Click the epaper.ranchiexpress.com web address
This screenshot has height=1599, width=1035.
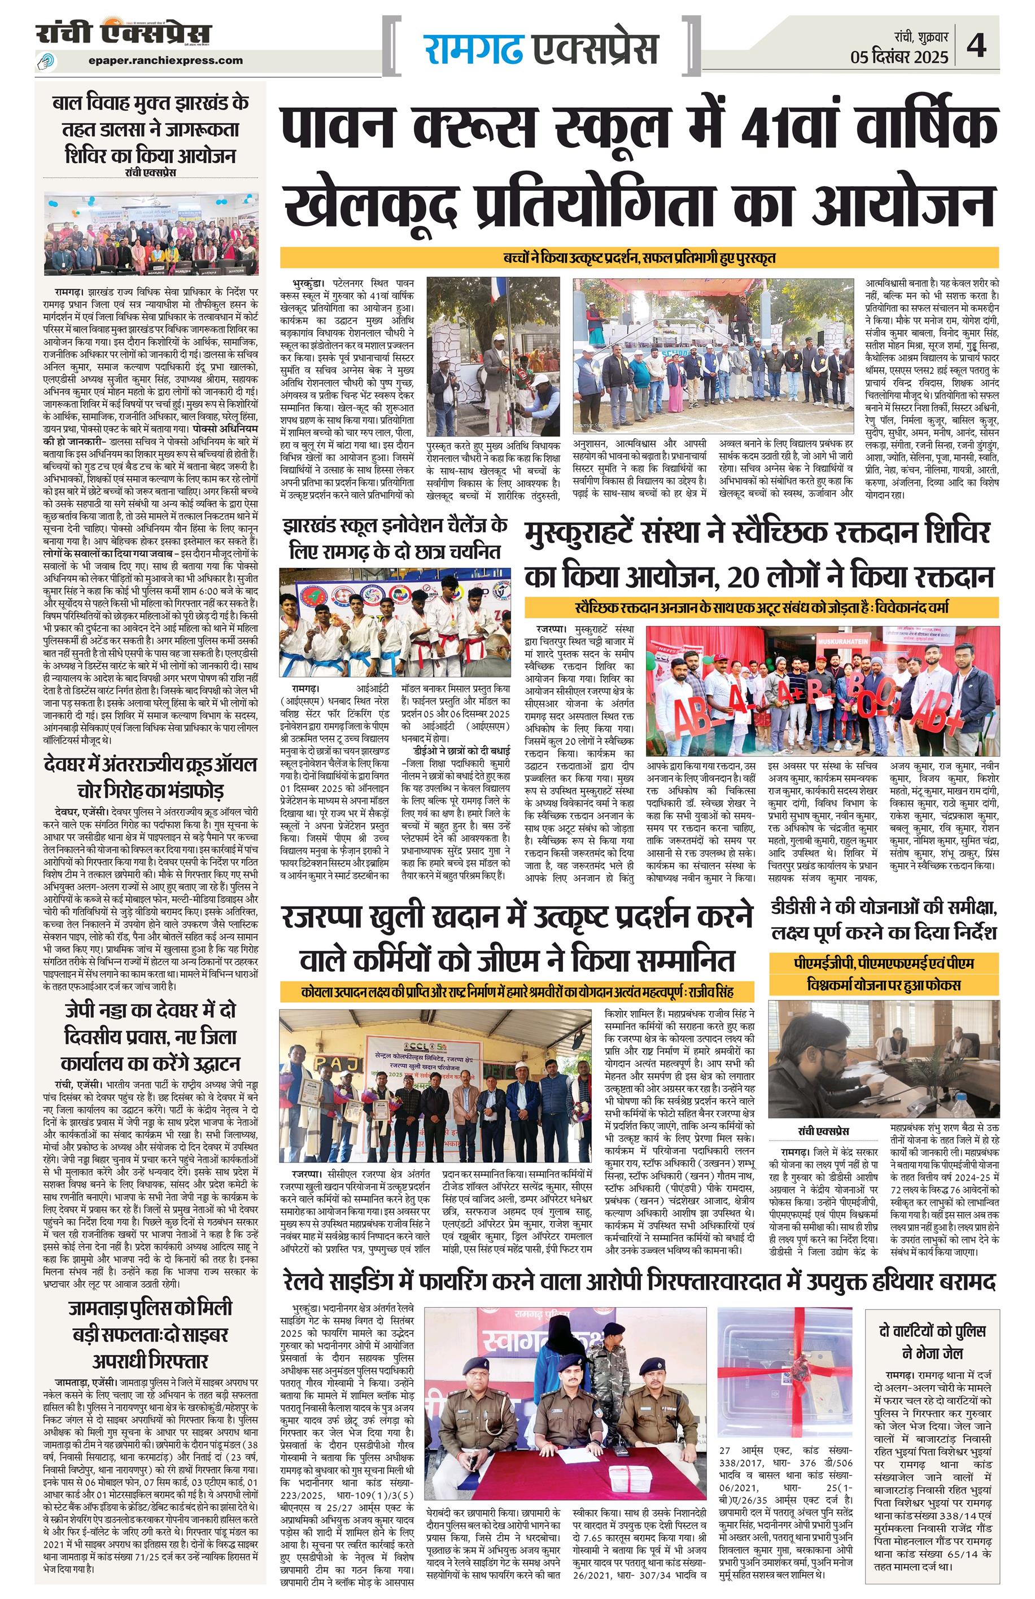point(165,60)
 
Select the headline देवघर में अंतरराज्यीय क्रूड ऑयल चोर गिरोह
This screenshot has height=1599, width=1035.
point(151,777)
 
